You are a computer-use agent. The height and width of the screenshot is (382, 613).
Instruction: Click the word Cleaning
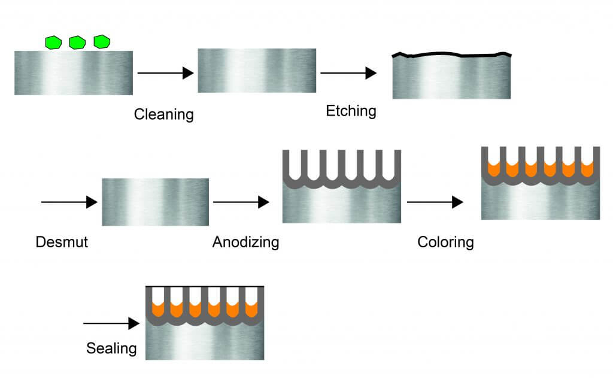[163, 114]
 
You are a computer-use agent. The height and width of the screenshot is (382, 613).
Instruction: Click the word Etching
[351, 111]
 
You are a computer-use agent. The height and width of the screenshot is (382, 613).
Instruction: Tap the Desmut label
[61, 242]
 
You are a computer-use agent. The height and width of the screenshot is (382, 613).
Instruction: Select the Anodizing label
[245, 242]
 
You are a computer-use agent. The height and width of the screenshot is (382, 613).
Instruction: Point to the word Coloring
[445, 242]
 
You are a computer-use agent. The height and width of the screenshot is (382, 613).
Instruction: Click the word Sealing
[111, 348]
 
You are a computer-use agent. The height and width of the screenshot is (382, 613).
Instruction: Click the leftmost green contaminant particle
[54, 42]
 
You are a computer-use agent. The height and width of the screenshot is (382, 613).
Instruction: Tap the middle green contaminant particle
[77, 42]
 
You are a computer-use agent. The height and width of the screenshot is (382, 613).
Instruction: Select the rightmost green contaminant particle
[102, 42]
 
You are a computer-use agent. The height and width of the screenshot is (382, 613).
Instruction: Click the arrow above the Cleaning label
[165, 73]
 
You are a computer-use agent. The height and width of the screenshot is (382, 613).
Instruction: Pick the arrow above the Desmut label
[69, 202]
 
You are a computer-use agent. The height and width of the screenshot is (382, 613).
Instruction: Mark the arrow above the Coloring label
[435, 202]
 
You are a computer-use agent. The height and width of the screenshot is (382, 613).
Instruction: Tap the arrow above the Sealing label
[111, 324]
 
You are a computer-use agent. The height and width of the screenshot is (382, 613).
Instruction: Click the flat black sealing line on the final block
[205, 287]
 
